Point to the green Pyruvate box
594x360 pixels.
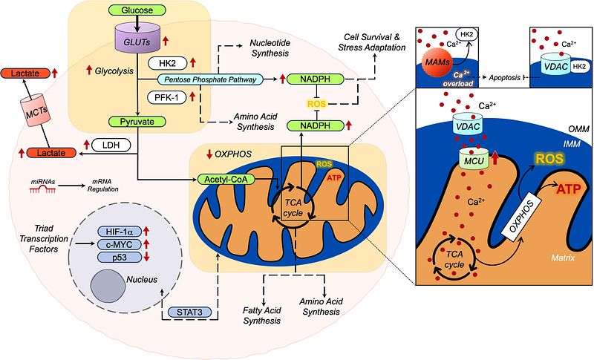[136, 120]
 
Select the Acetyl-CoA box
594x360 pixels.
[221, 179]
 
